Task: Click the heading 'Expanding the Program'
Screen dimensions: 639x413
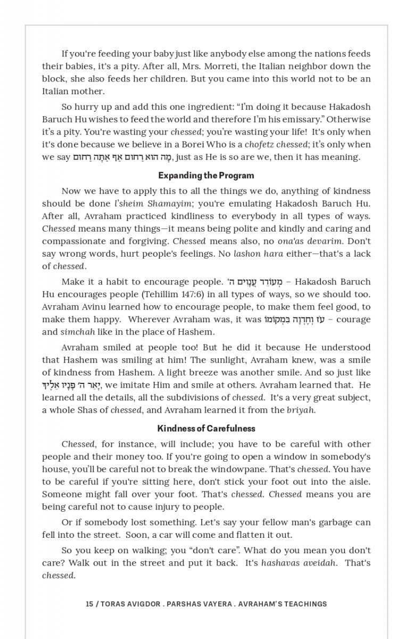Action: tap(206, 175)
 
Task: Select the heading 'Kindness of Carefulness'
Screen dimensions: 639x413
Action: tap(206, 428)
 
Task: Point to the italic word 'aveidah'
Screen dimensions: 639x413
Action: tap(319, 563)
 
